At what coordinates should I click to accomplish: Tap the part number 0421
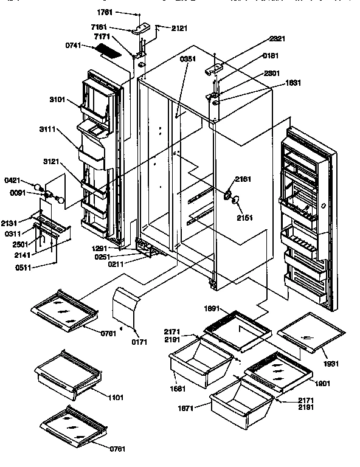29,180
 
